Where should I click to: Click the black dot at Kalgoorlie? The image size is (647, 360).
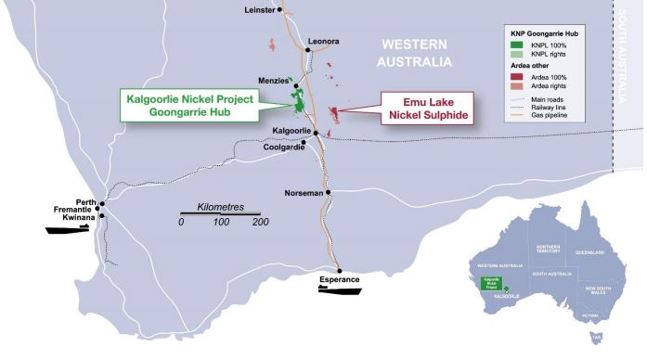coord(316,133)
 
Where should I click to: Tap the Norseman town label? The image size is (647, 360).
coord(304,193)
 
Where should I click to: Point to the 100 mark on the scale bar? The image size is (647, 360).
coord(221,223)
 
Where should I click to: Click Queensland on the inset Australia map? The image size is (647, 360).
coord(588,253)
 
